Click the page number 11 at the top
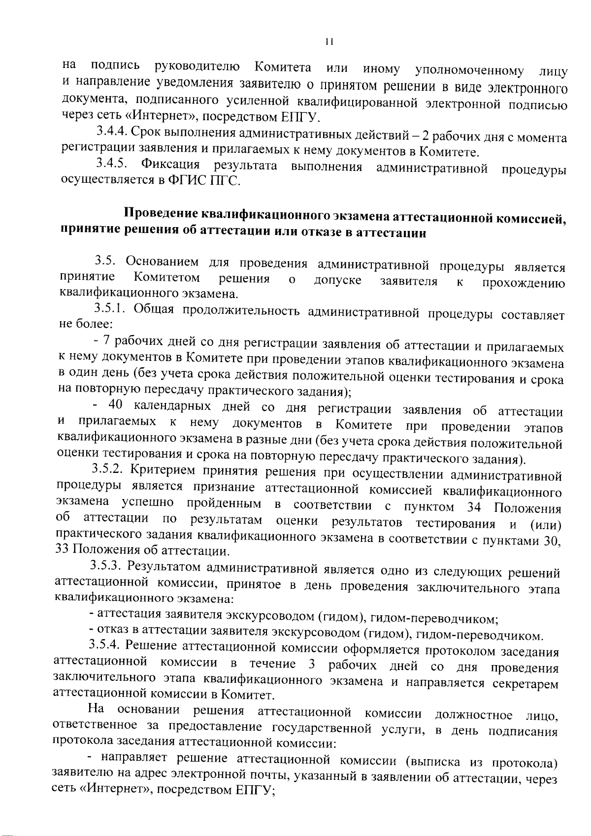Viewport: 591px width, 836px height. [329, 42]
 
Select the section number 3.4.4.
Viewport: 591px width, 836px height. [112, 132]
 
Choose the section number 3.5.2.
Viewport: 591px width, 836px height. [108, 470]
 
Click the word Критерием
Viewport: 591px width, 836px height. [160, 471]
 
